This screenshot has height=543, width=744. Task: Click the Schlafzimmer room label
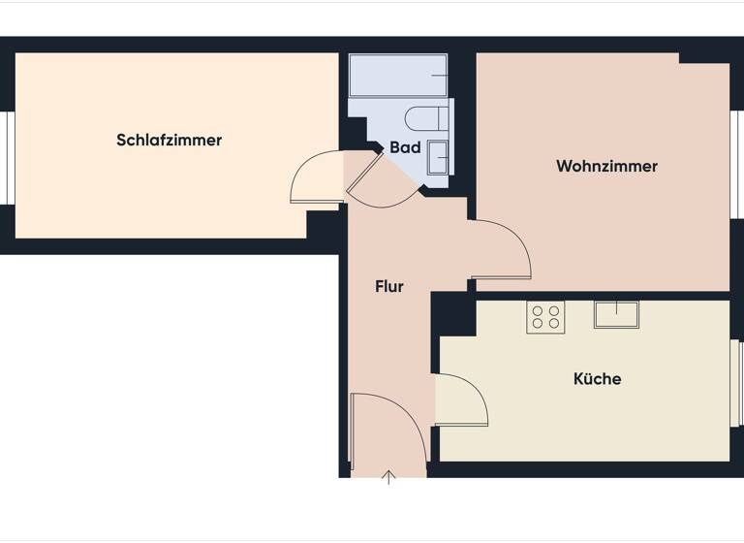pyautogui.click(x=169, y=140)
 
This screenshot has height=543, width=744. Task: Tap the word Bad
pyautogui.click(x=405, y=148)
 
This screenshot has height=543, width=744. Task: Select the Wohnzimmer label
pyautogui.click(x=606, y=166)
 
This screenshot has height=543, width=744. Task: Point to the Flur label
pyautogui.click(x=388, y=287)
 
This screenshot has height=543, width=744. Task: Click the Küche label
pyautogui.click(x=597, y=379)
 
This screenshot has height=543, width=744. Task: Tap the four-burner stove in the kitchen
pyautogui.click(x=545, y=317)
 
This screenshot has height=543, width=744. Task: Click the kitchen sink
pyautogui.click(x=616, y=314)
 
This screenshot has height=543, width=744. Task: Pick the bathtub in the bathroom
pyautogui.click(x=398, y=75)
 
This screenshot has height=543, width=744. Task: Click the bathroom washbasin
pyautogui.click(x=439, y=157)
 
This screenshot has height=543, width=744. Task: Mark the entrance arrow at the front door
pyautogui.click(x=388, y=476)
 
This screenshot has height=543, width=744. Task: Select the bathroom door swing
pyautogui.click(x=380, y=182)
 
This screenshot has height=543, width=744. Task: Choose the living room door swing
pyautogui.click(x=502, y=252)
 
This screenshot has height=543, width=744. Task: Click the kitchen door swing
pyautogui.click(x=459, y=398)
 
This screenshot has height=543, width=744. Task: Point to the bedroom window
pyautogui.click(x=6, y=158)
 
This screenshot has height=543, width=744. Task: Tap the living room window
pyautogui.click(x=737, y=165)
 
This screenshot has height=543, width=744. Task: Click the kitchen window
pyautogui.click(x=737, y=383)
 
